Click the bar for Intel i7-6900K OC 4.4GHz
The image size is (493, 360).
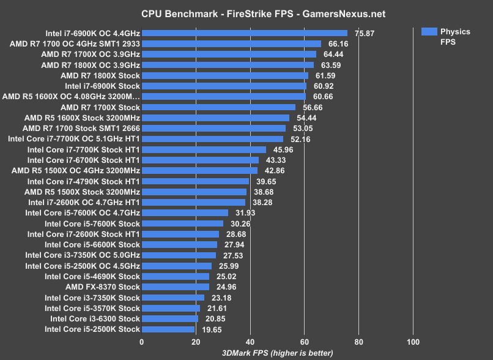(245, 33)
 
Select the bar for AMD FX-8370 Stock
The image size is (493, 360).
(176, 287)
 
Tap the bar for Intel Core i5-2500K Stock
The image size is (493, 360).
(168, 329)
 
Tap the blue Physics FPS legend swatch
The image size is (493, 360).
(429, 31)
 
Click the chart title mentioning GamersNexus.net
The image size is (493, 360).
(247, 13)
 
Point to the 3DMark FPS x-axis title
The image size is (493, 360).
(277, 353)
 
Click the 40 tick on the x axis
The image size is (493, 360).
(250, 342)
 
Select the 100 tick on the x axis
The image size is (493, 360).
(413, 342)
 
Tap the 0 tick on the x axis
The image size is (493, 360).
(142, 342)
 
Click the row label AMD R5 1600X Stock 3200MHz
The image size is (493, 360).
(82, 118)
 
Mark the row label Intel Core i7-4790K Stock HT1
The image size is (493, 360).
(83, 181)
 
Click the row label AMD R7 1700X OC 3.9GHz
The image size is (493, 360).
(91, 54)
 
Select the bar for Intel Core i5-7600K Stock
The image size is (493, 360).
(183, 223)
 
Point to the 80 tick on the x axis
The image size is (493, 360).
(358, 342)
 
